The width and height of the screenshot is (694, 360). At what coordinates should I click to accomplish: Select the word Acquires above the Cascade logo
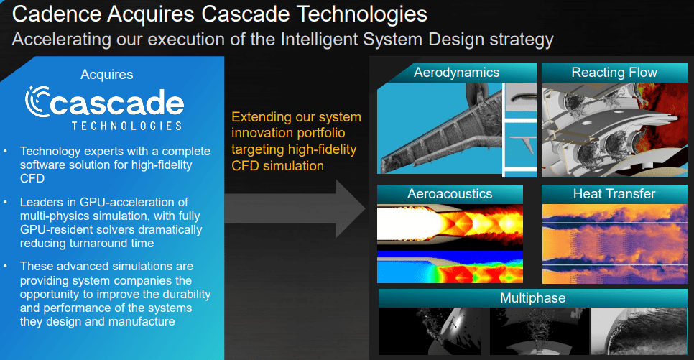pos(106,74)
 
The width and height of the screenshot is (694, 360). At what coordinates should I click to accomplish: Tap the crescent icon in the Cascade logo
pos(37,102)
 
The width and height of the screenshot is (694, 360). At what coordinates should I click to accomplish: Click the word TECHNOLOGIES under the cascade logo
pos(126,125)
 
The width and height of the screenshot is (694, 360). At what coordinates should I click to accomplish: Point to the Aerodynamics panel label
pos(456,73)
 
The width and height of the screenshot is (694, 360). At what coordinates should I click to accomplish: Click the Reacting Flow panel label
pos(614,73)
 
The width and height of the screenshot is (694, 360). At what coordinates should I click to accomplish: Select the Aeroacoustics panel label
pos(450,194)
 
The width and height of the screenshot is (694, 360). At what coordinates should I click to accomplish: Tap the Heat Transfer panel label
pos(614,194)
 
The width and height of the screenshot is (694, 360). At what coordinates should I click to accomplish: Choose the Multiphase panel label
pos(532,297)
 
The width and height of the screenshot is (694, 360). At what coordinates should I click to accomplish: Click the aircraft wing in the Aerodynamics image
pos(431,129)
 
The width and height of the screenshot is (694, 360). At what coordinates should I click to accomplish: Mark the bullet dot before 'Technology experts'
pos(7,152)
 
